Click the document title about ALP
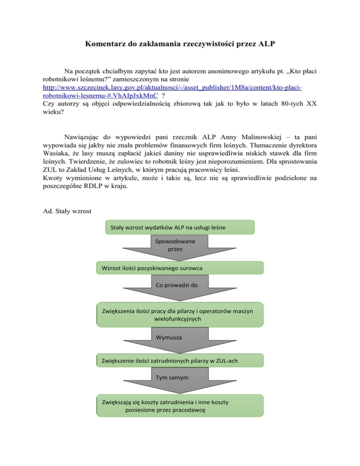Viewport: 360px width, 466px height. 180,45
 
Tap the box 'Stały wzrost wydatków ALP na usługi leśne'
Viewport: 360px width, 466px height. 180,227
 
